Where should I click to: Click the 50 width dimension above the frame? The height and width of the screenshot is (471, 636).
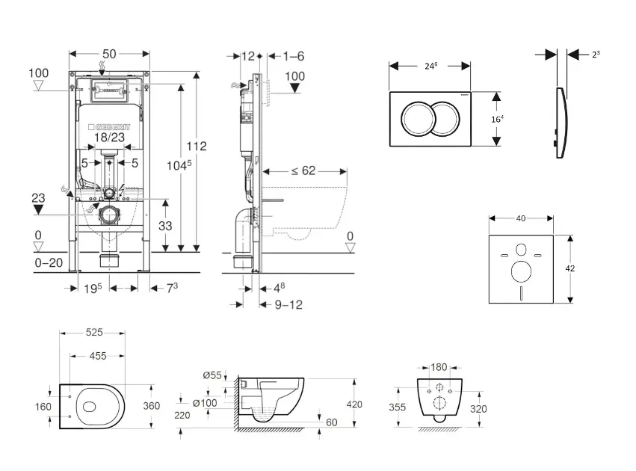tap(109, 54)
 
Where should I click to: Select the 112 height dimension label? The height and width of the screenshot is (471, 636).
tap(197, 146)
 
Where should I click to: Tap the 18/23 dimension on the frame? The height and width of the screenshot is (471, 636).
tap(110, 138)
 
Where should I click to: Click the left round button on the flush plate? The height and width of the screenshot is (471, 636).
tap(415, 118)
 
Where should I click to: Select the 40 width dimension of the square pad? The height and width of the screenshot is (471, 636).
tap(520, 218)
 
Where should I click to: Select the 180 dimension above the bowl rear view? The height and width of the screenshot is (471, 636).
tap(439, 367)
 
